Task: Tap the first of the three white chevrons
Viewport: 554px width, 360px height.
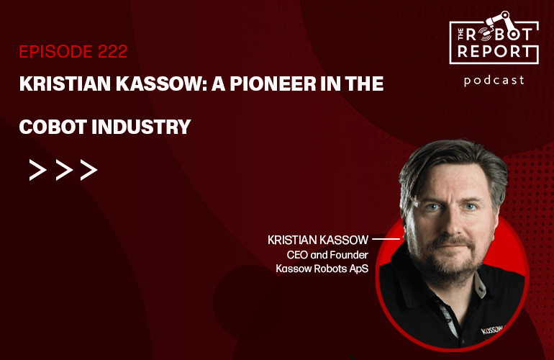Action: (37, 170)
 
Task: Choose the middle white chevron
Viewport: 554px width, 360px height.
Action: (63, 170)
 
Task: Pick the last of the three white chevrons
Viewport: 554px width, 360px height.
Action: (88, 170)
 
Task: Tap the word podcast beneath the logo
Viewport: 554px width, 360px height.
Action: (494, 80)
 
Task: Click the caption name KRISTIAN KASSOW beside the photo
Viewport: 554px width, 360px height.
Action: (318, 239)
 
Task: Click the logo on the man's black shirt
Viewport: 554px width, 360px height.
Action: (496, 334)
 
